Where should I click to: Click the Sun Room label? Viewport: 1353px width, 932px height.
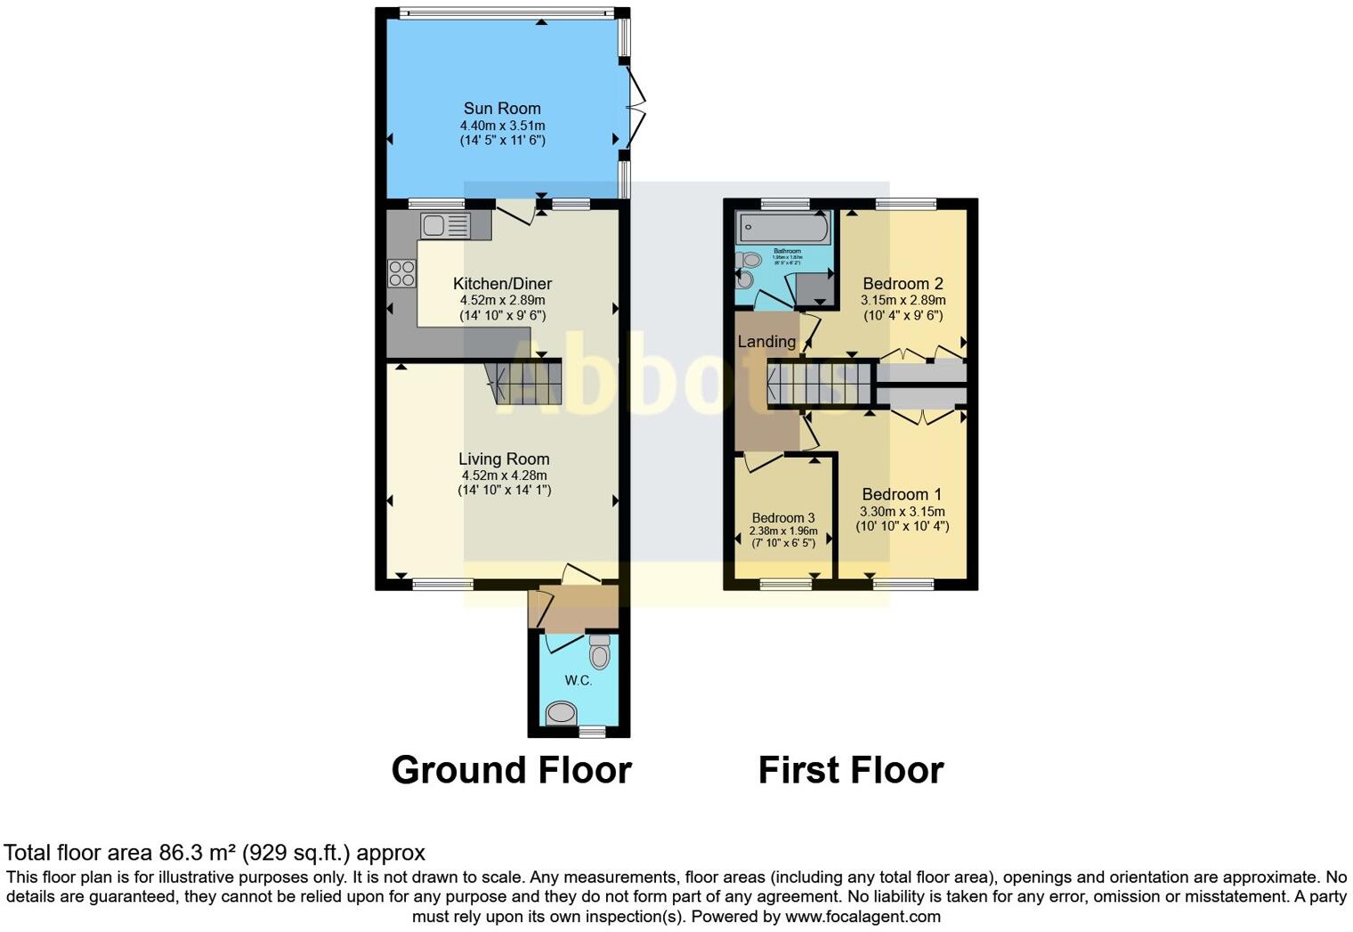point(502,109)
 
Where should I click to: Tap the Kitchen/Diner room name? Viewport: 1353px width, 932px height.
point(502,283)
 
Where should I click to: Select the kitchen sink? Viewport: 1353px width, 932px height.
point(445,226)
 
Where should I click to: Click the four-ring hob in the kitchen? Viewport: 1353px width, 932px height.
point(401,272)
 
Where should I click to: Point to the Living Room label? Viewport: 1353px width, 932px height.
point(504,458)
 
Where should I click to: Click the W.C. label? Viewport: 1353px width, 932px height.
point(578,680)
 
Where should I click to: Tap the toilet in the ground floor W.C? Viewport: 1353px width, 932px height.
point(600,654)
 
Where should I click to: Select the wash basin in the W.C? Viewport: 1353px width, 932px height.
point(562,713)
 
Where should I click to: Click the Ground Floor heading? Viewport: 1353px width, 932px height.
point(511,770)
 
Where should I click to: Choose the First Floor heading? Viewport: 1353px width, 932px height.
point(850,770)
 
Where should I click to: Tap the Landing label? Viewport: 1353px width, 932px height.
point(766,341)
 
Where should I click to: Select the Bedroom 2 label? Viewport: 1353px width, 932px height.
point(903,284)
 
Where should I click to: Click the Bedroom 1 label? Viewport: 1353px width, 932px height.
point(902,494)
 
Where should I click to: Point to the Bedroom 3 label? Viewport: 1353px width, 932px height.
point(782,517)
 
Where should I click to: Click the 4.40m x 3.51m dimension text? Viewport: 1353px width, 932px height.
point(502,126)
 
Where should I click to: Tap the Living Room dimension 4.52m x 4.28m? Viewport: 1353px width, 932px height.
point(504,475)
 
